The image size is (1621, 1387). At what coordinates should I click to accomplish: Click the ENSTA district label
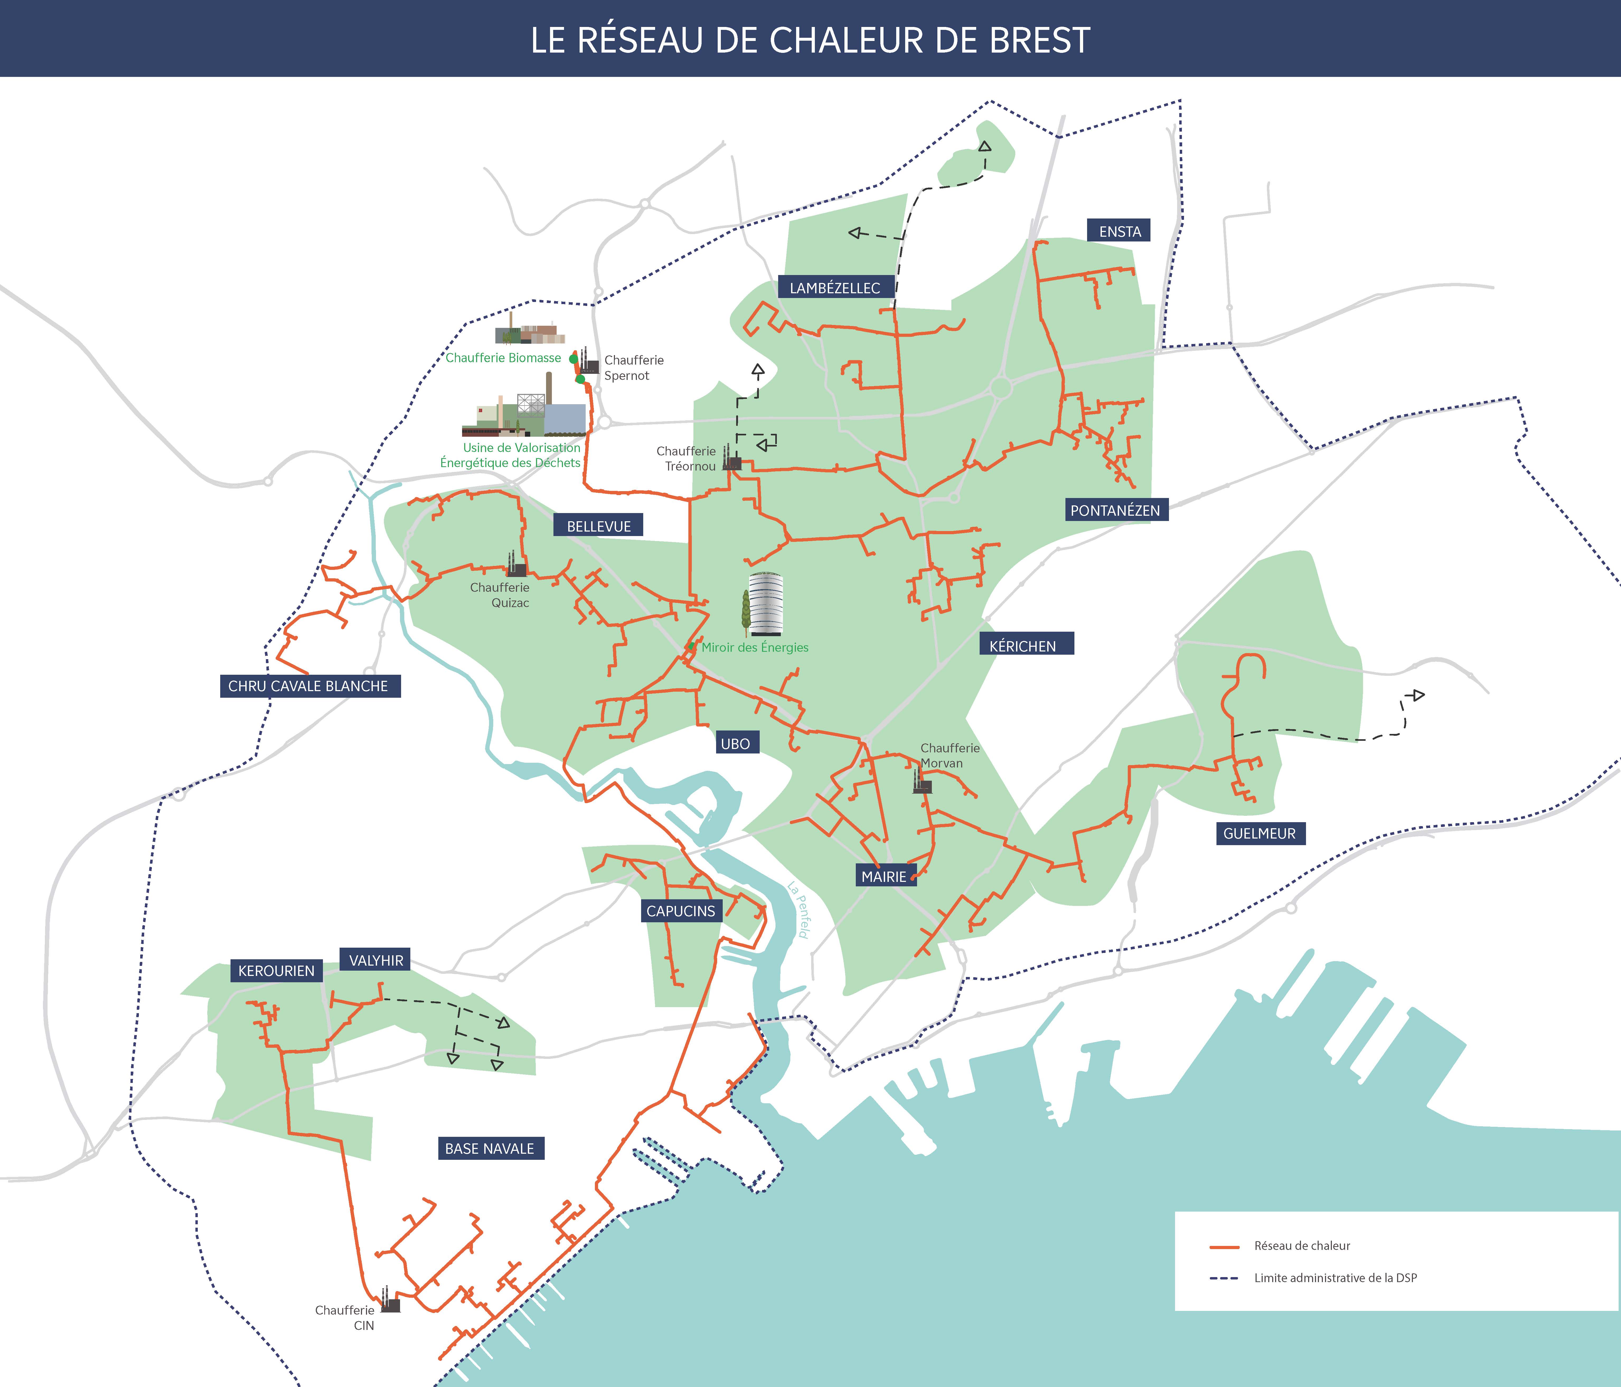(1119, 231)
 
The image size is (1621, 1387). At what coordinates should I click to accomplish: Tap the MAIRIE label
(884, 877)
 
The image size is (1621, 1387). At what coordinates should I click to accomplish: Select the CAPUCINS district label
(681, 911)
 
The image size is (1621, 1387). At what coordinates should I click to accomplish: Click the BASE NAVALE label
(490, 1148)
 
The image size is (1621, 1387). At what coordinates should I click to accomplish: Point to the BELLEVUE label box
(599, 526)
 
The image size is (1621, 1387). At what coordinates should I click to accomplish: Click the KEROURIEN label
(276, 971)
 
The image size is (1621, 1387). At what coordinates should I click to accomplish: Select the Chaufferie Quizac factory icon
(516, 565)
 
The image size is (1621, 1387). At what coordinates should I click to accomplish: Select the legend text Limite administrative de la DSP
(1336, 1277)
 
